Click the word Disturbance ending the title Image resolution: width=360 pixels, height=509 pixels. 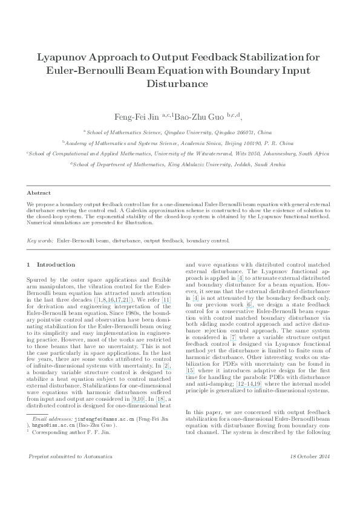pyautogui.click(x=180, y=84)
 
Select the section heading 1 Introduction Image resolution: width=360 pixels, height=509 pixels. pyautogui.click(x=52, y=264)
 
